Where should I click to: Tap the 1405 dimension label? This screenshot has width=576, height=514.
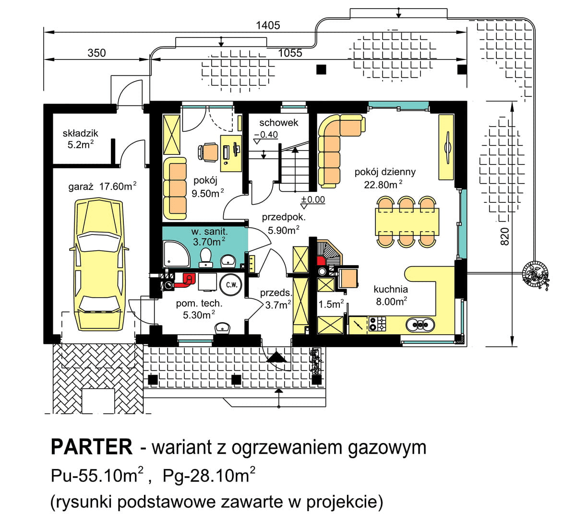click(268, 25)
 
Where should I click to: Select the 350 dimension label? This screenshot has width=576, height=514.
click(96, 53)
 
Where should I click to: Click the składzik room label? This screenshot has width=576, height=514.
click(80, 134)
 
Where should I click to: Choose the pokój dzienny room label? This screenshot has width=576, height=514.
click(385, 172)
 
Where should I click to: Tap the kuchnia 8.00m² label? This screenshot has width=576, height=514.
click(391, 294)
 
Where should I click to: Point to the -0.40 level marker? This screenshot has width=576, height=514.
click(266, 135)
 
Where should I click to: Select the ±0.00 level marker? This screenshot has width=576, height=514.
click(312, 199)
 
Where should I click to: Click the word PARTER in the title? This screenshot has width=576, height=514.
click(91, 447)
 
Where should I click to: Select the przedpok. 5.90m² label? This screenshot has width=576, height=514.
click(283, 224)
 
